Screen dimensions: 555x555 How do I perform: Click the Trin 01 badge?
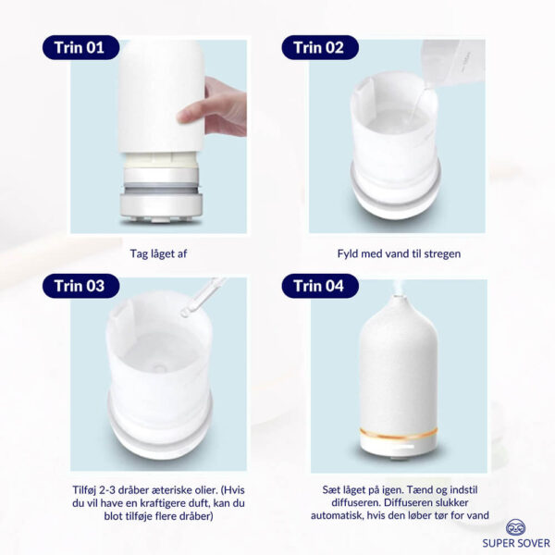80,47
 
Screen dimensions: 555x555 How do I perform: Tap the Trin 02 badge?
320,47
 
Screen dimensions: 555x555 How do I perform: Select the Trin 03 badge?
80,286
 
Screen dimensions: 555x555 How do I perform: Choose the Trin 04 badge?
320,286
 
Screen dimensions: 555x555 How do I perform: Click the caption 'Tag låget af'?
158,253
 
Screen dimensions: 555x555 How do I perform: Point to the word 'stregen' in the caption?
442,253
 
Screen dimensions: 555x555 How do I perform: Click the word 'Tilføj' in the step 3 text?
84,490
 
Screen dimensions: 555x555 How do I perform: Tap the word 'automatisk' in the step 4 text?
337,515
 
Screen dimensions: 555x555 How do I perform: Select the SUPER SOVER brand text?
516,543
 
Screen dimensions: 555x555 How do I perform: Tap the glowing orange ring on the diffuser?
399,433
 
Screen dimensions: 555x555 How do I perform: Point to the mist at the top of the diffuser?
398,288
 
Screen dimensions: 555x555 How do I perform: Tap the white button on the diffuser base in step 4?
402,448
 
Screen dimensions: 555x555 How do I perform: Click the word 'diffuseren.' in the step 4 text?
357,502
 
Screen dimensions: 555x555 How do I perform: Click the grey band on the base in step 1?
161,188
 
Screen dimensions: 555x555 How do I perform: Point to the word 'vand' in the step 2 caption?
387,253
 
